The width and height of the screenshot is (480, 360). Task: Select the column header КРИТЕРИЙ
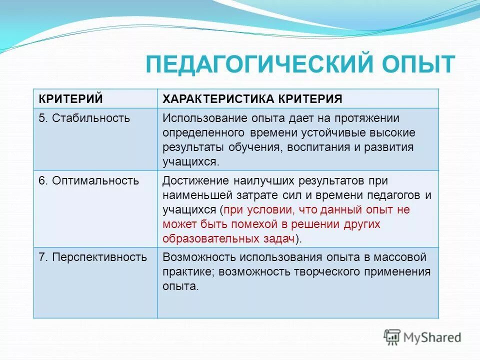click(70, 98)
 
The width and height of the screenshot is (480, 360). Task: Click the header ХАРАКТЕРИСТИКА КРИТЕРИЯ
click(252, 98)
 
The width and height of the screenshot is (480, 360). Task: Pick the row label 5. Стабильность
click(84, 118)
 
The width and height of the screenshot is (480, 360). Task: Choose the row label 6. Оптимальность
click(89, 180)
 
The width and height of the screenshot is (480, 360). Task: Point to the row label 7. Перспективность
click(93, 257)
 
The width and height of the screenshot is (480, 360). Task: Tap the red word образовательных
click(205, 238)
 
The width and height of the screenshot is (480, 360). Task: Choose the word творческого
click(325, 271)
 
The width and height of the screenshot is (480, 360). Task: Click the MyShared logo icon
click(392, 337)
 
